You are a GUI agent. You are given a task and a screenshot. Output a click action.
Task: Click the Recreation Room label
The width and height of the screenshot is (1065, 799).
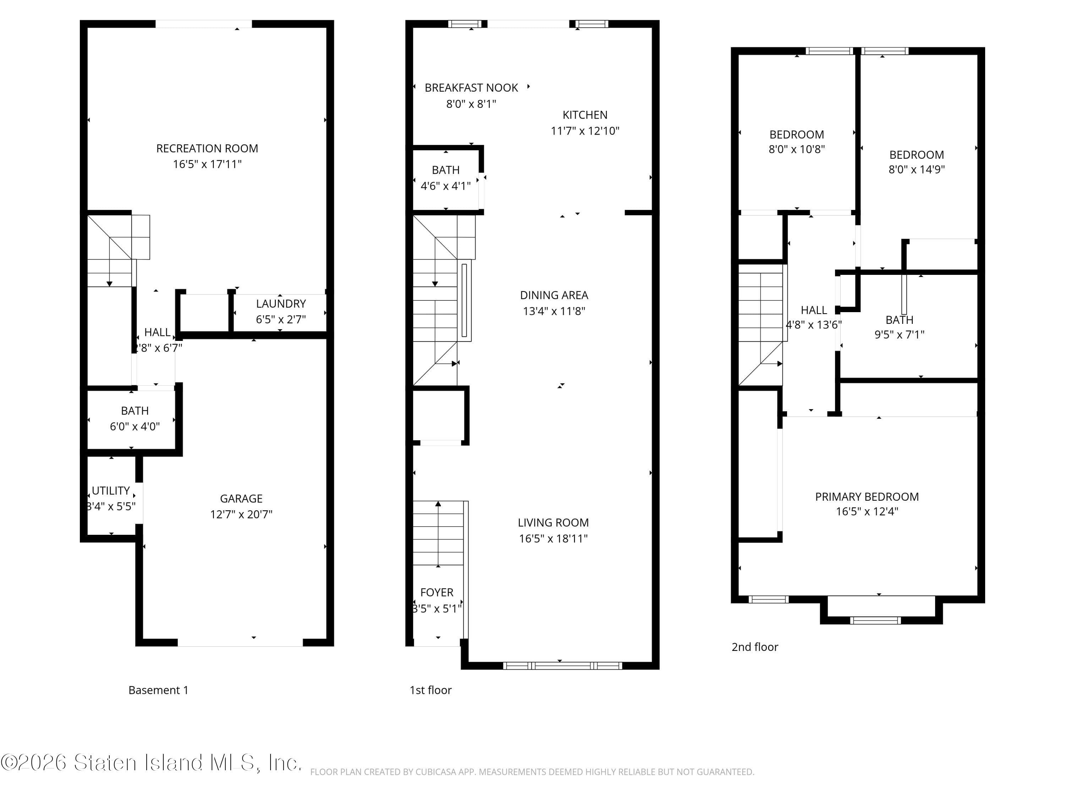(x=207, y=148)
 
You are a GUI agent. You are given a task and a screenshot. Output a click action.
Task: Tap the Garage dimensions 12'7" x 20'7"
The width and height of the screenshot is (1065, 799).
(x=241, y=514)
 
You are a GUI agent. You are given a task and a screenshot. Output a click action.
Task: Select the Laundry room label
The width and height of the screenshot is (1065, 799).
(x=281, y=304)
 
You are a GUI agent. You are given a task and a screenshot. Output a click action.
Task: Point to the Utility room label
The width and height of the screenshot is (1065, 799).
(x=111, y=491)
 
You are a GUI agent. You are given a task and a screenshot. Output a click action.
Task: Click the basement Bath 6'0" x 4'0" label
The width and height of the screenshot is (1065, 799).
(x=135, y=411)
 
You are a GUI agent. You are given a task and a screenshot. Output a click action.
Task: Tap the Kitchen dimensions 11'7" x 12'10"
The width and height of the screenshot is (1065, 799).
(x=585, y=131)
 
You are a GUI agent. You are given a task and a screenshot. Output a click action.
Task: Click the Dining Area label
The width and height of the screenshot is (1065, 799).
(x=554, y=295)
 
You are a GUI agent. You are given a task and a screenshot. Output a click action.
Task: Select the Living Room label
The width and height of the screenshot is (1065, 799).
(x=553, y=523)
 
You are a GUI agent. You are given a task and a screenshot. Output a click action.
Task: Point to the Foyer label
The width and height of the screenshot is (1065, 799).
(x=437, y=592)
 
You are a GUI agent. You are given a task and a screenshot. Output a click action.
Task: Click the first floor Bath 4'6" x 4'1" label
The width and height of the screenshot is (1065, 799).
(x=446, y=170)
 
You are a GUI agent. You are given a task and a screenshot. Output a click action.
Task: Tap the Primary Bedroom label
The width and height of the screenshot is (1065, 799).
(x=867, y=496)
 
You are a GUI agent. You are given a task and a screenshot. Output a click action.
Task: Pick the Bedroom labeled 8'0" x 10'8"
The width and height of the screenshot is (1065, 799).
(x=796, y=135)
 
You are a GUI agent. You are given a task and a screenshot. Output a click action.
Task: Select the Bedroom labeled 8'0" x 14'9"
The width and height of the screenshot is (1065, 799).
(x=916, y=155)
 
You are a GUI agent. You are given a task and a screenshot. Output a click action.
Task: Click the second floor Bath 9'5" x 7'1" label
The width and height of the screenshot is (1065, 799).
(x=899, y=320)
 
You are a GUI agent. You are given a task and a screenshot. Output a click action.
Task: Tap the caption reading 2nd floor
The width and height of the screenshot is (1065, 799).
(x=754, y=647)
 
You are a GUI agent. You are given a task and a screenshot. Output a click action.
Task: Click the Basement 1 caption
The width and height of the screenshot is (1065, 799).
(x=158, y=690)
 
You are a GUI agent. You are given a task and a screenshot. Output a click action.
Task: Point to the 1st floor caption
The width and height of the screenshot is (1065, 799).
(x=430, y=690)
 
